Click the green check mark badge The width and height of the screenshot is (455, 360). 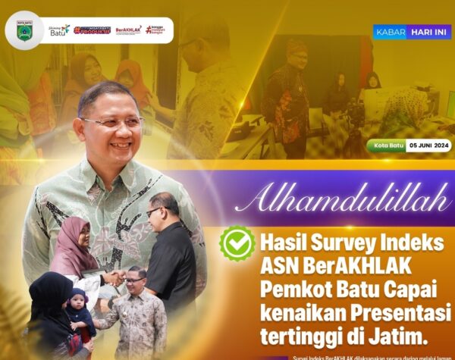237,244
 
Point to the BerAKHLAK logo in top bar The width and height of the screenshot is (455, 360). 128,30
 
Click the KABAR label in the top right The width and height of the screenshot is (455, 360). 390,32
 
